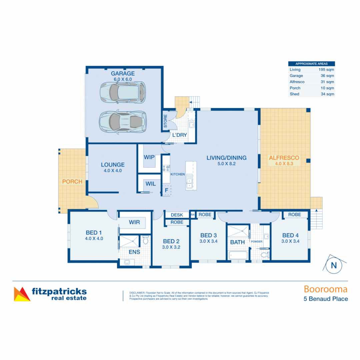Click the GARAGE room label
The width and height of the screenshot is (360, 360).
(x=123, y=73)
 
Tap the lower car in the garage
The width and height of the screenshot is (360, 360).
(x=123, y=121)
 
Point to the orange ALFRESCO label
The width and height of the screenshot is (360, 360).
(x=284, y=158)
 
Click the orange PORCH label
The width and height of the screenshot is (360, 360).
(x=72, y=182)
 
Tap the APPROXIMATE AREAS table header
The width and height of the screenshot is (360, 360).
(x=311, y=64)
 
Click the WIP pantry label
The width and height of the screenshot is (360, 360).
(x=149, y=157)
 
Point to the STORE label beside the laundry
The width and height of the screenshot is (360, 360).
(x=165, y=122)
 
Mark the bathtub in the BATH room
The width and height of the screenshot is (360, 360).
(x=238, y=256)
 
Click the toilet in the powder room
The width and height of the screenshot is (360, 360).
(x=265, y=255)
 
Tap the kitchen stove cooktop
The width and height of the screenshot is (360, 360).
(x=166, y=168)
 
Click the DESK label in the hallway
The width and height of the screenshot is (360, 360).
(x=177, y=215)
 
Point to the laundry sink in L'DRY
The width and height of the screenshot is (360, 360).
(x=192, y=125)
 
